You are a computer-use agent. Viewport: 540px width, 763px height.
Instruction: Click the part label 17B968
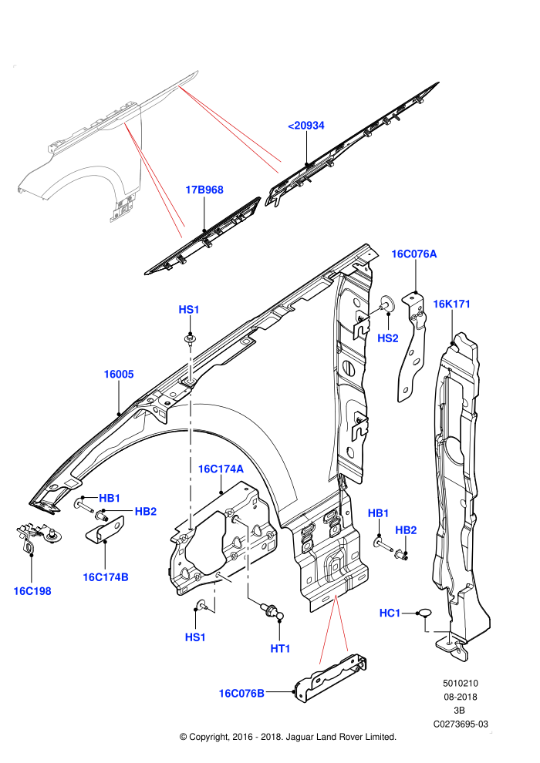pos(204,190)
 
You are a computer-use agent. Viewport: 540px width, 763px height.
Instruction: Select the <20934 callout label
pos(305,126)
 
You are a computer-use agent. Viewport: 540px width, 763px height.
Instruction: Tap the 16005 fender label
pos(118,375)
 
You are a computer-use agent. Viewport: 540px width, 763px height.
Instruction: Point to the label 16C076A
pos(414,254)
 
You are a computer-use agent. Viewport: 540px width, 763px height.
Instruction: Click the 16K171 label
pos(451,304)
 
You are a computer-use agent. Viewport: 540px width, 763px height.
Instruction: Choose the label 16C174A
pos(221,469)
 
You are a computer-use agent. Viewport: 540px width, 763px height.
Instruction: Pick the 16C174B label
pos(106,577)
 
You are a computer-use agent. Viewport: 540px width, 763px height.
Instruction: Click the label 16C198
pos(32,591)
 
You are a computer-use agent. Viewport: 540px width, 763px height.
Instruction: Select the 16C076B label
pos(241,694)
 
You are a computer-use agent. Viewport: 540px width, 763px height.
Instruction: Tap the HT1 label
pos(280,649)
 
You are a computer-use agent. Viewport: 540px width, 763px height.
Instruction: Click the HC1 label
pos(390,613)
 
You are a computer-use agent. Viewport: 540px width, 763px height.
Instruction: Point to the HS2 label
pos(387,338)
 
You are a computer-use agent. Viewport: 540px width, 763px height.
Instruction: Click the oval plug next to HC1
pos(424,613)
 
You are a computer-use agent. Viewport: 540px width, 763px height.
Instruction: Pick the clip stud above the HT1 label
pos(272,610)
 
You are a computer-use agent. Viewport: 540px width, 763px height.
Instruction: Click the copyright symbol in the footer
pos(183,738)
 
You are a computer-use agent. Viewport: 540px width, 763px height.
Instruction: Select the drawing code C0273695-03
pos(461,724)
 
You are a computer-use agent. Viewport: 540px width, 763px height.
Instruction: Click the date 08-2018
pos(461,697)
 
